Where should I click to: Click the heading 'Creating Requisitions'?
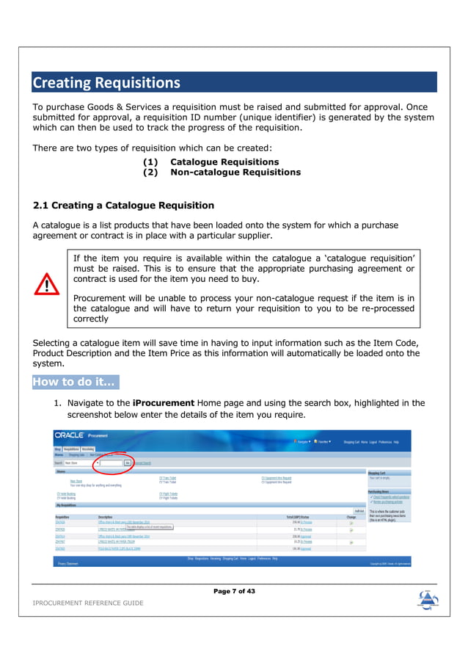tap(106, 82)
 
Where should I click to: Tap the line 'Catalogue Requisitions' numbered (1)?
tap(224, 162)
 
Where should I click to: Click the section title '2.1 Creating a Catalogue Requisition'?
tap(124, 205)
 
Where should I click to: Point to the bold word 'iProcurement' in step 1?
tap(163, 403)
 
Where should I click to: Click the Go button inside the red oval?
tap(127, 463)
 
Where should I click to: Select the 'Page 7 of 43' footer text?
tap(234, 591)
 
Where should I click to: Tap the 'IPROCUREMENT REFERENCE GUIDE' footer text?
tap(88, 603)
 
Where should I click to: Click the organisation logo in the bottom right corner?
tap(428, 598)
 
